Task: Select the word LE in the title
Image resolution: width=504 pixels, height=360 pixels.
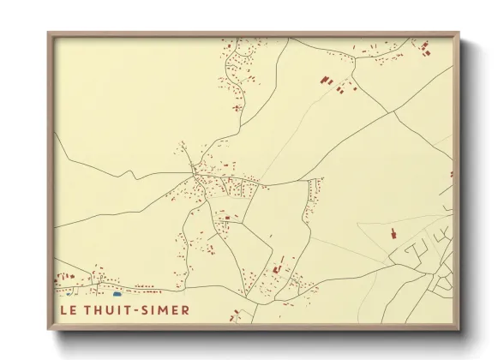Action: click(x=66, y=309)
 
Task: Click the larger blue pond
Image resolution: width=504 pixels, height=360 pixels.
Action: click(x=117, y=294)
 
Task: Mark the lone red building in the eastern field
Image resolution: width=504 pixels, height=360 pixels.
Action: click(x=393, y=232)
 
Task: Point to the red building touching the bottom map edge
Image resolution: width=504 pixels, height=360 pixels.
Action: click(x=233, y=319)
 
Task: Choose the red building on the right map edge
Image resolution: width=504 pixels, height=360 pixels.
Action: click(x=452, y=174)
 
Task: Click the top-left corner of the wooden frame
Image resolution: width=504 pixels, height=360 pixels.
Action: click(x=49, y=33)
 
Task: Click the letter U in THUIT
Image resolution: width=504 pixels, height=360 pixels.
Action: click(x=109, y=309)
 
